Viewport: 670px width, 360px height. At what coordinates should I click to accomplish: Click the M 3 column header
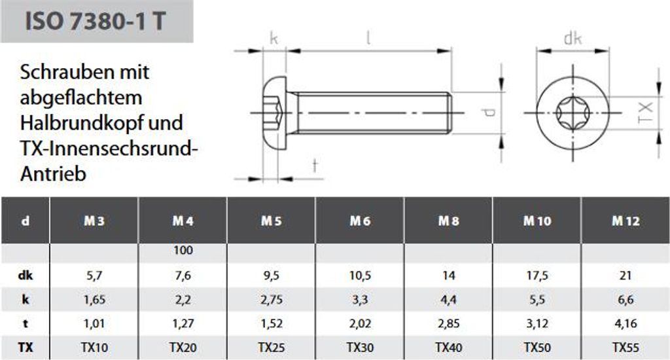tap(94, 221)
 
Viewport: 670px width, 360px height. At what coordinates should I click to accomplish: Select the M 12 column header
tap(626, 221)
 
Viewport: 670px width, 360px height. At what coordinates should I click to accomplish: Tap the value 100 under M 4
tap(183, 251)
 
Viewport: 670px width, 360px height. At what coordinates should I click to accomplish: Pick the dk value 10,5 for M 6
tap(360, 276)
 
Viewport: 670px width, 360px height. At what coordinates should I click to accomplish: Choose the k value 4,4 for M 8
tap(448, 300)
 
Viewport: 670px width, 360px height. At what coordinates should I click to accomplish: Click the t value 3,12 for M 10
tap(537, 324)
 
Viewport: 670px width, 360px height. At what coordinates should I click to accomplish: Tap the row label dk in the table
tap(25, 276)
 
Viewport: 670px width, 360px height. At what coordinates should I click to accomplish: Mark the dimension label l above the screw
tap(369, 39)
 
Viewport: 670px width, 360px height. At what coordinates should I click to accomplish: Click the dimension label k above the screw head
tap(274, 39)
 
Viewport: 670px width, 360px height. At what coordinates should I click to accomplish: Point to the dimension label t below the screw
tap(315, 166)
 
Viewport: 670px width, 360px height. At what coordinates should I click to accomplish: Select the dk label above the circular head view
tap(573, 39)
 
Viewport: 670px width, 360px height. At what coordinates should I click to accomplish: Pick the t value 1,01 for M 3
tap(94, 324)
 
